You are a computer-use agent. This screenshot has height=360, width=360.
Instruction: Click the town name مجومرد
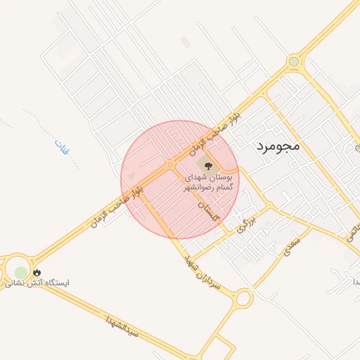(275, 147)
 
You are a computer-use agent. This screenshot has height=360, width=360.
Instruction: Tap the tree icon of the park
(206, 165)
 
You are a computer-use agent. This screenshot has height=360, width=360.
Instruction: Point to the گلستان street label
(208, 210)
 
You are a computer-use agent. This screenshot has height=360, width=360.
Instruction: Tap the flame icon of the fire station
(37, 272)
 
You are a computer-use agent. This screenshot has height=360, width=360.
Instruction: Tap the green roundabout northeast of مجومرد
(293, 62)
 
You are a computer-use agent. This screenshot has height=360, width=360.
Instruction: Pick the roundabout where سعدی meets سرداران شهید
(243, 298)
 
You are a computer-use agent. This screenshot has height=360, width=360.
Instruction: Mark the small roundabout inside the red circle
(170, 165)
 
